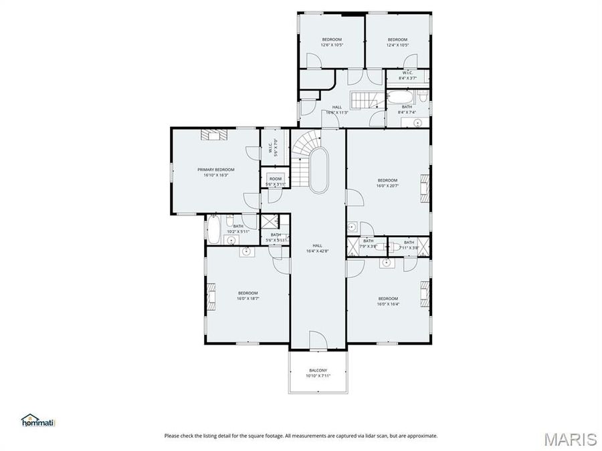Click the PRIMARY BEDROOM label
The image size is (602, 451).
pos(215,170)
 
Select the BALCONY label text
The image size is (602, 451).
pos(318,371)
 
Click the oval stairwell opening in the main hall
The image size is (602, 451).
pos(318,170)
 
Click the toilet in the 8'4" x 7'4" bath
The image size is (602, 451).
pos(422,99)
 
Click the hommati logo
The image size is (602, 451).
pos(39,420)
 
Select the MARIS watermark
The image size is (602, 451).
pos(569,439)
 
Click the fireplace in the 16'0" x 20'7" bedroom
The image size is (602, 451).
pos(424,188)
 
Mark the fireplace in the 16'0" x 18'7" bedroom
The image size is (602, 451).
pos(211,296)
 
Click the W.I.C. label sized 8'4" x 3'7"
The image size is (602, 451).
pos(407,76)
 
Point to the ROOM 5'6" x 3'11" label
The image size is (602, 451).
pos(276,181)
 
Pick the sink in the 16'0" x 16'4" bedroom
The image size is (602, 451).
pos(387,263)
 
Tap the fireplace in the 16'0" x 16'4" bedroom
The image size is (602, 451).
pos(424,295)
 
